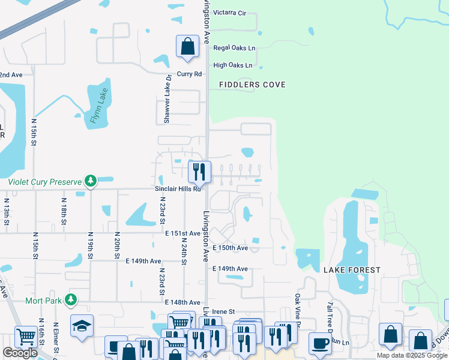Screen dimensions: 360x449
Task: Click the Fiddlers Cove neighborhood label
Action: pos(252,85)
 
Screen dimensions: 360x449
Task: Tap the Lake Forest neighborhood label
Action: pos(352,270)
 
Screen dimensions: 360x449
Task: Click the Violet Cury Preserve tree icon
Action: pos(90,181)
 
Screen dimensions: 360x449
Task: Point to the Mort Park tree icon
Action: pos(71,299)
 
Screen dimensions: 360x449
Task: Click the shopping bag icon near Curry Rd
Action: pos(187,46)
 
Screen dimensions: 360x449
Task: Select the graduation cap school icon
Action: pos(82,325)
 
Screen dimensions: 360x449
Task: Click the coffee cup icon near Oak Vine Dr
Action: pos(320,343)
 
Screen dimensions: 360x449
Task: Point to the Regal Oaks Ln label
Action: pos(234,48)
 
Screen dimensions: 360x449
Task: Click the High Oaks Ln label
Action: pos(233,65)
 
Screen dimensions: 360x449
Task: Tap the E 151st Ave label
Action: pos(182,233)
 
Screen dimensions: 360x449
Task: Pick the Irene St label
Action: pos(223,312)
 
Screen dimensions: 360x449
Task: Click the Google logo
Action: pos(20,353)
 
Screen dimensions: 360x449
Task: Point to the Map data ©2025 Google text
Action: pos(411,355)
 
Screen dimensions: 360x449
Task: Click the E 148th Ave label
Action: pos(182,302)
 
